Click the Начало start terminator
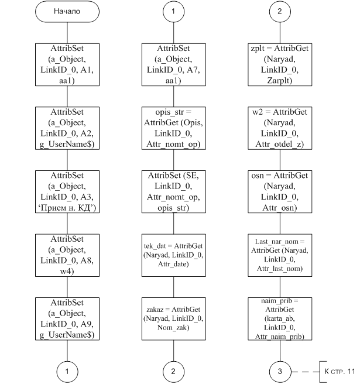[x=67, y=12]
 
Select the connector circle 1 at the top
[x=173, y=12]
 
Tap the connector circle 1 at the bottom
[x=67, y=372]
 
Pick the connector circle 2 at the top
[x=280, y=12]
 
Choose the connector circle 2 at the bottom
[x=173, y=372]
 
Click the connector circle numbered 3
[x=280, y=372]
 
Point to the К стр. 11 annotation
[x=340, y=372]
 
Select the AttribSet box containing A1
[x=67, y=64]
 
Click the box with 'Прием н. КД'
[x=67, y=192]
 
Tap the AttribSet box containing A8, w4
[x=67, y=255]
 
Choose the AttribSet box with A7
[x=174, y=64]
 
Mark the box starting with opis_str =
[x=174, y=128]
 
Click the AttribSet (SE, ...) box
[x=174, y=192]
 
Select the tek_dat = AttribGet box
[x=174, y=255]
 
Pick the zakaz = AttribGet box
[x=174, y=319]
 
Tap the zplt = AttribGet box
[x=280, y=64]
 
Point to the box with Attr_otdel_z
[x=280, y=128]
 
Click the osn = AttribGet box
[x=280, y=192]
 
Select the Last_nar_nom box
[x=280, y=255]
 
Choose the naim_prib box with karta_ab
[x=280, y=319]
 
